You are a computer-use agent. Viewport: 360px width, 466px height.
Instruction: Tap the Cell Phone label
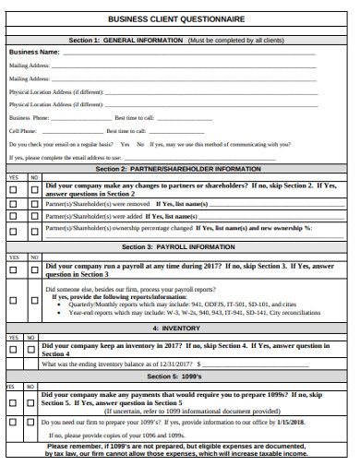click(x=23, y=131)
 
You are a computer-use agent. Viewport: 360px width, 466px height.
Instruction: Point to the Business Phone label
click(x=30, y=118)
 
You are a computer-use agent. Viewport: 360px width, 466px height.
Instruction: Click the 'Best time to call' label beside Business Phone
click(x=135, y=118)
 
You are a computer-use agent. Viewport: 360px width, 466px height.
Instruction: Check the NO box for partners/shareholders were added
click(x=33, y=215)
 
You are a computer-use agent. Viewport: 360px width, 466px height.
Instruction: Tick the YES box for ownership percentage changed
click(x=13, y=228)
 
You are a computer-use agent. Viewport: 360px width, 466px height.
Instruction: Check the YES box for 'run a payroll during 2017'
click(x=13, y=270)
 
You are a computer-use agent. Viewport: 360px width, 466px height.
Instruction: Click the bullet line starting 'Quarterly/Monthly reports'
click(x=175, y=304)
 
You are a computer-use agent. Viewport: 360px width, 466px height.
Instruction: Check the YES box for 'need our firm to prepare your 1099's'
click(x=13, y=423)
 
